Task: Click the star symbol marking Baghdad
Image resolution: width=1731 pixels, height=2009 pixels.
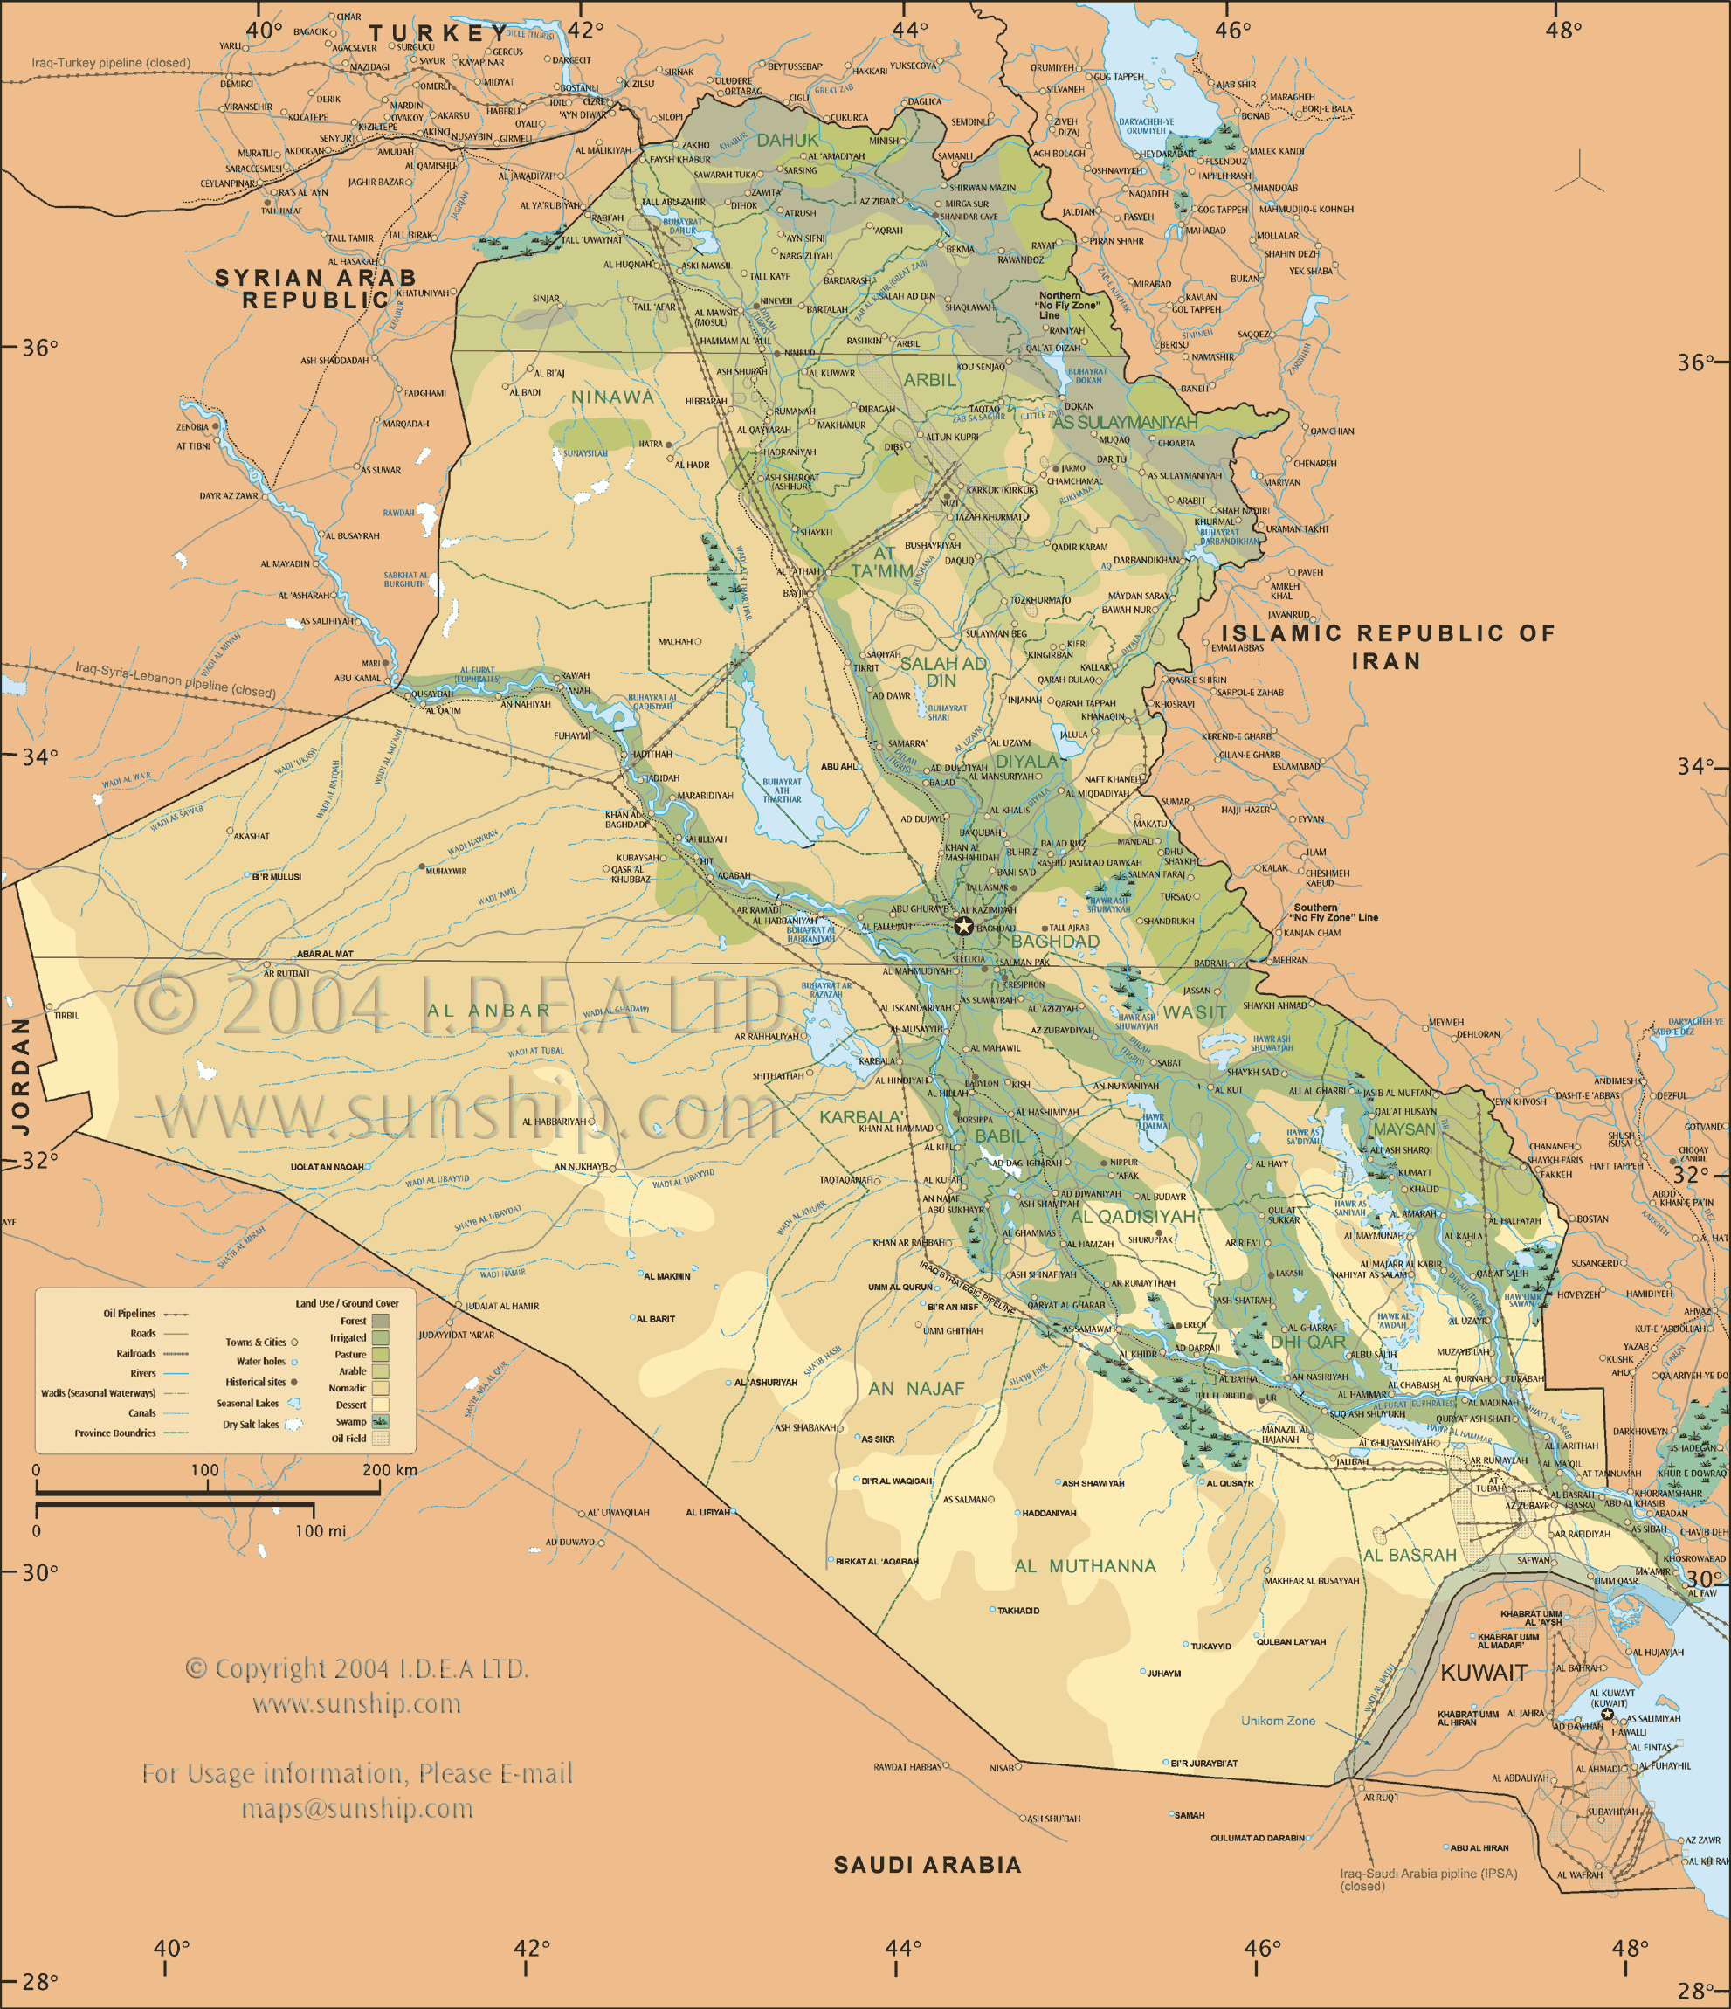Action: click(962, 926)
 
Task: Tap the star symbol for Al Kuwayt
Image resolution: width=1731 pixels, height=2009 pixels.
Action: click(1608, 1715)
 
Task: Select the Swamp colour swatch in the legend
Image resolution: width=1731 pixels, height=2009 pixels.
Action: click(380, 1421)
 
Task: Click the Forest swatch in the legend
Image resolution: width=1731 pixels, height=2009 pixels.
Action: click(380, 1321)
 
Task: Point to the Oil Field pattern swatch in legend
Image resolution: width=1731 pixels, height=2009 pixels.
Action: click(380, 1439)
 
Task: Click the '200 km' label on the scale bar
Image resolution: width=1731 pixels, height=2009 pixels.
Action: click(390, 1470)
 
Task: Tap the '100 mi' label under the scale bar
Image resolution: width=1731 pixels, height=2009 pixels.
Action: click(320, 1531)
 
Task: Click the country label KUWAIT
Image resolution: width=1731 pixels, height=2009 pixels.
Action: click(1483, 1672)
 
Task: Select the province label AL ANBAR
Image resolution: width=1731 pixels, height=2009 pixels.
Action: click(488, 1011)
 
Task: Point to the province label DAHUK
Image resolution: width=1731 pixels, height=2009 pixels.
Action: click(787, 141)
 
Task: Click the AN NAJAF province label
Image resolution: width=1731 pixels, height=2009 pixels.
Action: click(916, 1389)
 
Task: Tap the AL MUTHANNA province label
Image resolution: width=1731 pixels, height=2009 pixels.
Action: click(1085, 1566)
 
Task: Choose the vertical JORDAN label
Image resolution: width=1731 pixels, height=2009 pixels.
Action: click(20, 1075)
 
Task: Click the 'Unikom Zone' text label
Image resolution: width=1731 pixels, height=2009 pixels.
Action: click(1278, 1720)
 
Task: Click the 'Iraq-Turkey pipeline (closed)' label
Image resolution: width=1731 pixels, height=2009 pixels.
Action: click(111, 63)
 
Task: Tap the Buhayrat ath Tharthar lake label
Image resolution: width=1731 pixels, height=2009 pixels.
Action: click(781, 790)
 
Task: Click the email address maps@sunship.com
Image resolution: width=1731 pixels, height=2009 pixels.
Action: click(356, 1808)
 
